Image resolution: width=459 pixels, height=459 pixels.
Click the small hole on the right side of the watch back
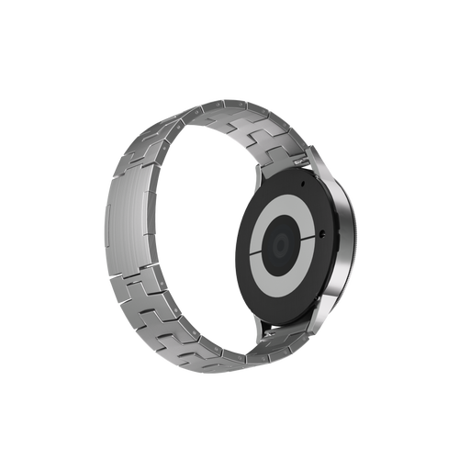[x=321, y=235]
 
